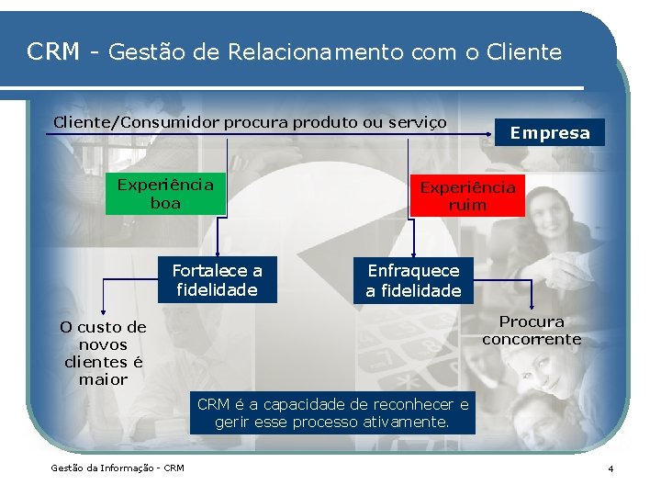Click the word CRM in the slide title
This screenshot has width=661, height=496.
coord(53,52)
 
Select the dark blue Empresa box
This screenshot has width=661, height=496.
coord(550,132)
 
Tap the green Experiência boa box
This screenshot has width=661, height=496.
coord(165,194)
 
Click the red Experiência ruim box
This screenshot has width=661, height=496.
coord(467,196)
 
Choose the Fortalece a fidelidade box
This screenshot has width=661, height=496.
coord(218,280)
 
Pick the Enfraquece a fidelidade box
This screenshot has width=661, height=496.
coord(413,280)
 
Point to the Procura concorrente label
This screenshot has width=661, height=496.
coord(532,331)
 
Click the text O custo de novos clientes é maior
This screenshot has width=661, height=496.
coord(103,353)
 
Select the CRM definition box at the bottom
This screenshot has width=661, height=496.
coord(332,413)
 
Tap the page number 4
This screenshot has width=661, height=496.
coord(611,469)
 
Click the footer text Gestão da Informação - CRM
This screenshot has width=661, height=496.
coord(118,468)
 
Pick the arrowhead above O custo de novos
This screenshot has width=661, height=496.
coord(103,312)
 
